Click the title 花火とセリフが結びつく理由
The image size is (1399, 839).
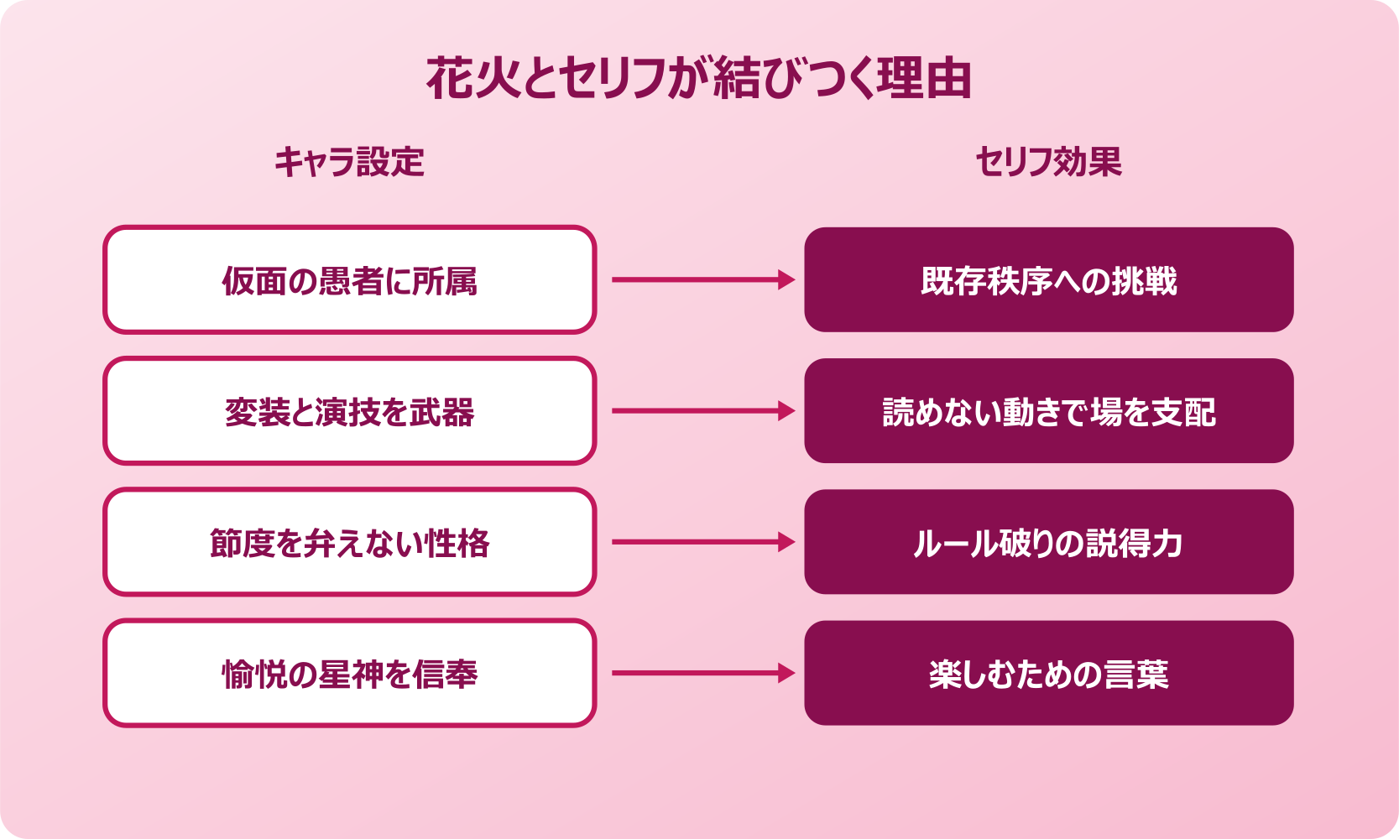pos(698,79)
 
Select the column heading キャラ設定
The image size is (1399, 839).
pos(349,162)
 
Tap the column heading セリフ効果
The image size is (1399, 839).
pos(1048,162)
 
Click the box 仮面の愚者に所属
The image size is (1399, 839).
pos(349,280)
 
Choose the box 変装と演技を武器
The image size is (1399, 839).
pos(349,411)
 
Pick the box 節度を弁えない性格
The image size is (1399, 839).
pos(349,543)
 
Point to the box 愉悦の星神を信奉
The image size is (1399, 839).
pos(349,674)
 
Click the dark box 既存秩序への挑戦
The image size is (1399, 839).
pos(1048,280)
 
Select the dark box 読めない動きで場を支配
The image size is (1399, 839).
pos(1048,411)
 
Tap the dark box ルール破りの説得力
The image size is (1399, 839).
pos(1048,543)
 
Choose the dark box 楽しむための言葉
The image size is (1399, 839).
pos(1048,674)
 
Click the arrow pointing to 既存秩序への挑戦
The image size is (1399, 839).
pos(702,280)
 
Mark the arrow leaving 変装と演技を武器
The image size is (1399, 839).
pos(702,411)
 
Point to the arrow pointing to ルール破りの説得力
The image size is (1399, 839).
pos(702,543)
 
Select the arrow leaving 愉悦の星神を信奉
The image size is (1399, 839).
pos(702,674)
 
